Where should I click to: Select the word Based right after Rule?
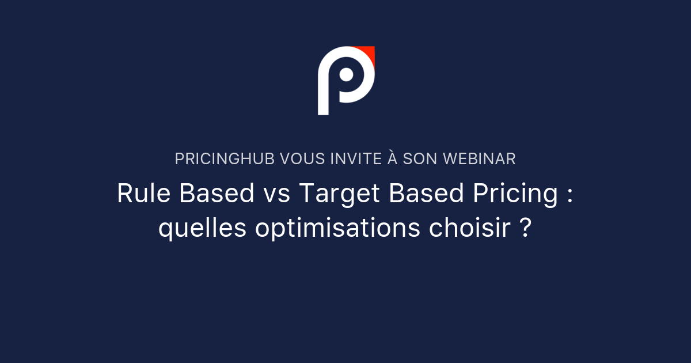pyautogui.click(x=217, y=194)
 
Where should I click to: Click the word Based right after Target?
pyautogui.click(x=427, y=194)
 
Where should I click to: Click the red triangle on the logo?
pyautogui.click(x=369, y=54)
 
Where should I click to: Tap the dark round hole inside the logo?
pyautogui.click(x=346, y=75)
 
